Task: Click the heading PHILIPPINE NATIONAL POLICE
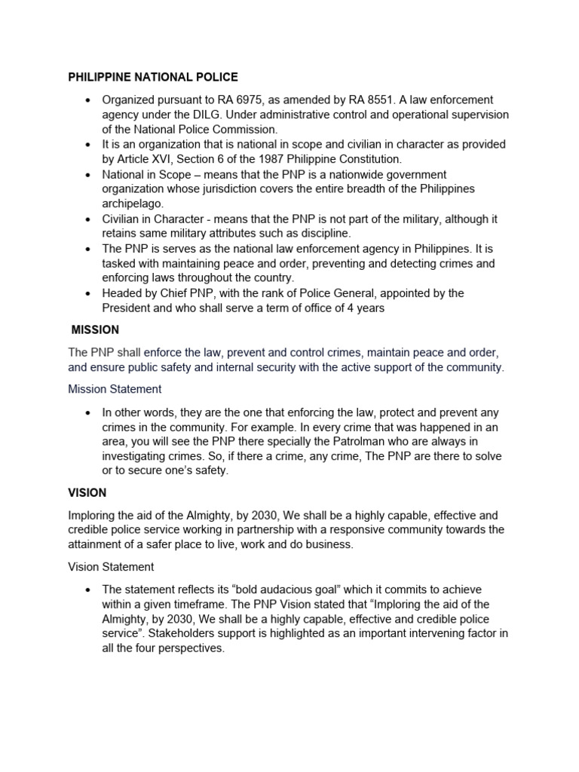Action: coord(153,77)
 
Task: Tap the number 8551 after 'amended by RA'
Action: coord(394,100)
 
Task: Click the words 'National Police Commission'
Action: coord(197,129)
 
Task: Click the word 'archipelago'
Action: coord(133,204)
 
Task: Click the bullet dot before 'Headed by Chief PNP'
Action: coord(88,293)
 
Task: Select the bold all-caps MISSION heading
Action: coord(95,330)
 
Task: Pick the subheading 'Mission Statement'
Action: coord(115,389)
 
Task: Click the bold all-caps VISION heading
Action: coord(87,492)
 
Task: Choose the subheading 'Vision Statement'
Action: coord(111,566)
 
